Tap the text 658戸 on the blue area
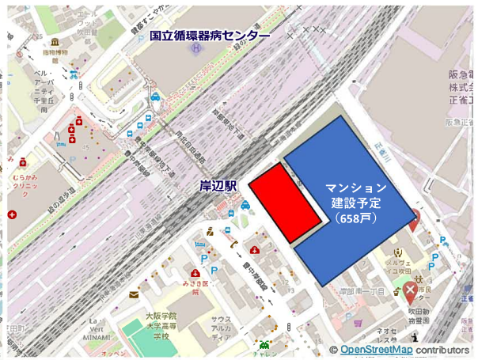355,218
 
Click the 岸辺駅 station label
218,187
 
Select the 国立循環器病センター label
211,36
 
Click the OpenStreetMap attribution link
376,350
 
